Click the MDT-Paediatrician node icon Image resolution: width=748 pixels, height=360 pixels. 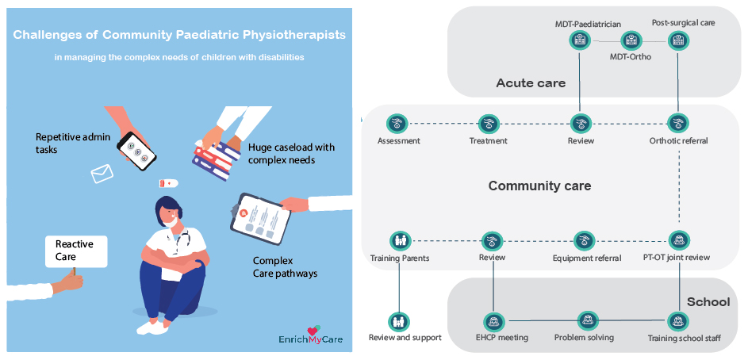tap(580, 40)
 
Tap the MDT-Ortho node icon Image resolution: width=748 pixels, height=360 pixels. tap(631, 40)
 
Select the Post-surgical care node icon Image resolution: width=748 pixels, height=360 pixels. tap(677, 40)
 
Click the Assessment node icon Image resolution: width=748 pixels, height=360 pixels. tap(397, 124)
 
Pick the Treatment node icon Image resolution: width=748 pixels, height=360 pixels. tap(489, 124)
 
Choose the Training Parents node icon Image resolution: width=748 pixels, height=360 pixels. tap(399, 240)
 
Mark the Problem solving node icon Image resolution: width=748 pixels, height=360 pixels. tap(585, 321)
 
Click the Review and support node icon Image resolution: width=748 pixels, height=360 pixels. tap(399, 322)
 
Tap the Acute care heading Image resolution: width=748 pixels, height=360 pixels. tap(531, 83)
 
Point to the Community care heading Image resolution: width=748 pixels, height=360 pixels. tap(539, 186)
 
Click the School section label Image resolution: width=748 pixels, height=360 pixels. tap(708, 301)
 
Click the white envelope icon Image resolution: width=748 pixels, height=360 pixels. tap(102, 174)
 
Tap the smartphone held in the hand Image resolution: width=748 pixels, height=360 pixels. tap(137, 150)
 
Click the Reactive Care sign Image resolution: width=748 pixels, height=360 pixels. tap(76, 251)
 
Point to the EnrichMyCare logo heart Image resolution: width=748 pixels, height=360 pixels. tap(313, 330)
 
